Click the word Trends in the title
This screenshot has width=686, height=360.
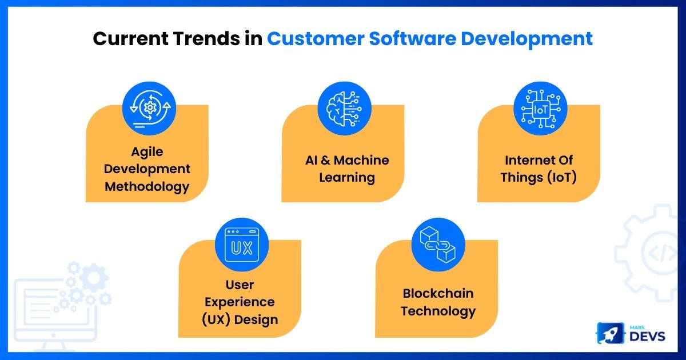tap(206, 39)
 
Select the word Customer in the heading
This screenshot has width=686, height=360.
tap(316, 39)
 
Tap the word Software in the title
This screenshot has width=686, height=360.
tap(413, 39)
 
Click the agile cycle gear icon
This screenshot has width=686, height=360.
tap(149, 109)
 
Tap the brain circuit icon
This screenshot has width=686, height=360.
tap(344, 109)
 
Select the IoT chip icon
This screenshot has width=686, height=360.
tap(540, 109)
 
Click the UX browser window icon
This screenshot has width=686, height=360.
tap(242, 245)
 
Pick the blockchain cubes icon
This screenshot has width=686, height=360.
tap(438, 245)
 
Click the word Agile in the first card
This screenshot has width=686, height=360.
tap(147, 152)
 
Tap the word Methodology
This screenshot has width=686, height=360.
tap(147, 187)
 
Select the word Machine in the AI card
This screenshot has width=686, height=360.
tap(361, 160)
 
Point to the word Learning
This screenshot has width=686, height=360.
tap(347, 178)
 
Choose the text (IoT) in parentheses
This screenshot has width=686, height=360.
tap(561, 178)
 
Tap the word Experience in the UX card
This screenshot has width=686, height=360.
tap(240, 302)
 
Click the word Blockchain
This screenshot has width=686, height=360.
tap(438, 293)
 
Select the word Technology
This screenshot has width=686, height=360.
tap(438, 311)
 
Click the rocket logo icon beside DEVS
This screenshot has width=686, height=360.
tap(611, 333)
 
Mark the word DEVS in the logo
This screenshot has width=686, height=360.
tap(647, 337)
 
